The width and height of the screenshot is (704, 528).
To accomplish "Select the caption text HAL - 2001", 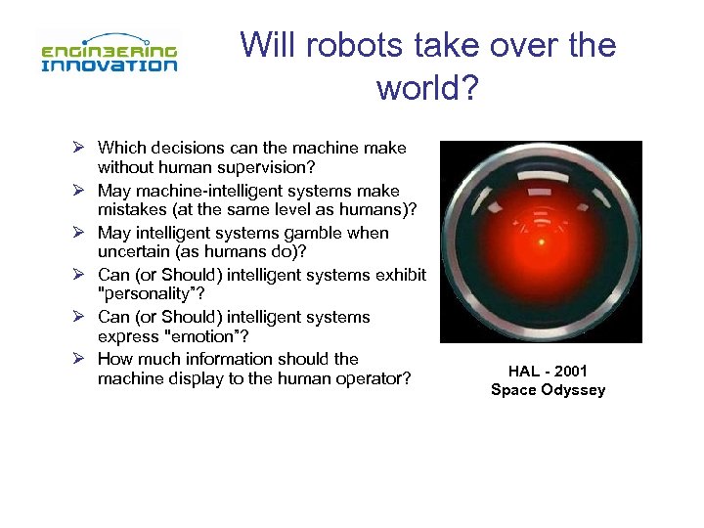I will coord(548,372).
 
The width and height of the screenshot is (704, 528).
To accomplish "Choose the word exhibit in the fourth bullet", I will coord(401,275).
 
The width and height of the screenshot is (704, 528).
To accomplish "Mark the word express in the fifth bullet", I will coord(128,337).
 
